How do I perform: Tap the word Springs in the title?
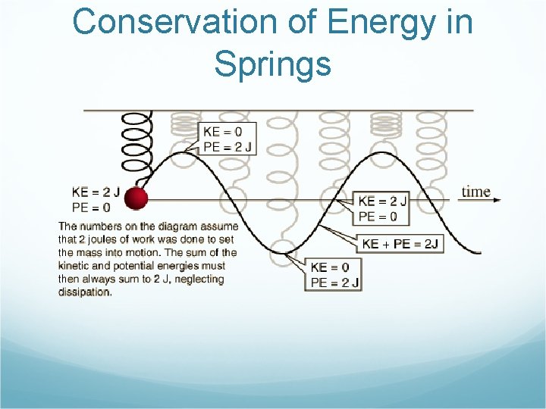(x=272, y=64)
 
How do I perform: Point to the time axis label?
(x=475, y=192)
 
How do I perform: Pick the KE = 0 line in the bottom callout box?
(x=330, y=267)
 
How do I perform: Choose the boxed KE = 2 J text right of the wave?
(x=382, y=201)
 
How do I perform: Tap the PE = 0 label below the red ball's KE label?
(x=91, y=207)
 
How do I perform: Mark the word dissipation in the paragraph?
(x=84, y=292)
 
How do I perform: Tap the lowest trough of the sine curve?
(x=283, y=253)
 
